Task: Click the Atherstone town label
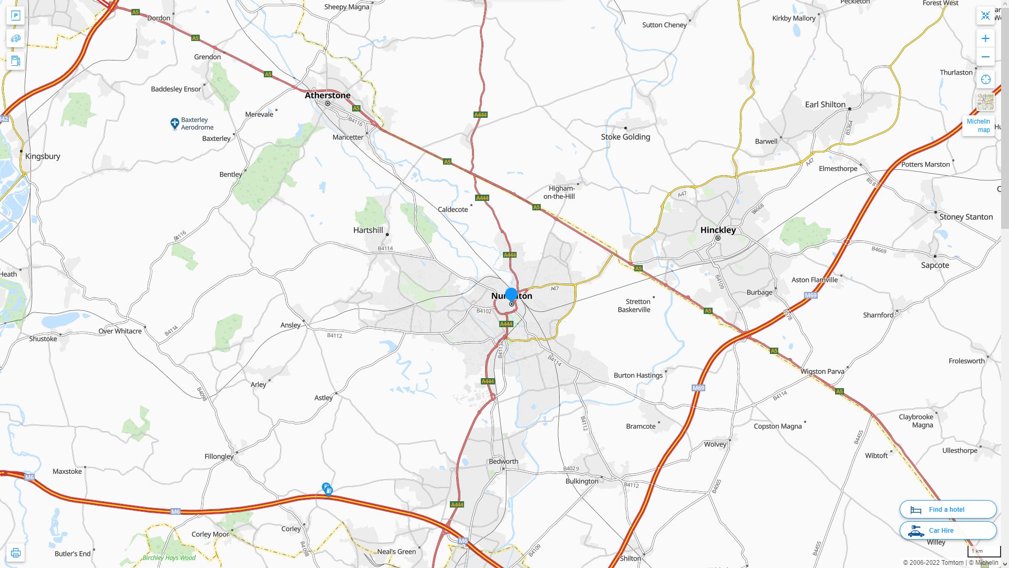click(327, 95)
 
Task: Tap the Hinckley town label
click(718, 230)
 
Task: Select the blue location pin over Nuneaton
click(511, 295)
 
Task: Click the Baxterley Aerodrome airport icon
click(175, 124)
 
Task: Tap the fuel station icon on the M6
click(327, 489)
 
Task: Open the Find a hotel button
click(948, 509)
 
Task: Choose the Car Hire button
click(948, 530)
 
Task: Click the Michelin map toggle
click(978, 125)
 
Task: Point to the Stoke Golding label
click(625, 137)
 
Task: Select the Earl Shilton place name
click(825, 104)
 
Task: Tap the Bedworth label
click(503, 461)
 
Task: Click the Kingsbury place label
click(43, 156)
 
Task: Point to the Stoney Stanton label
click(966, 217)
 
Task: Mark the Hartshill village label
click(368, 230)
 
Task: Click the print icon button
click(15, 553)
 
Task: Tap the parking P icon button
click(15, 16)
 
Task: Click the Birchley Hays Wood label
click(169, 558)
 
